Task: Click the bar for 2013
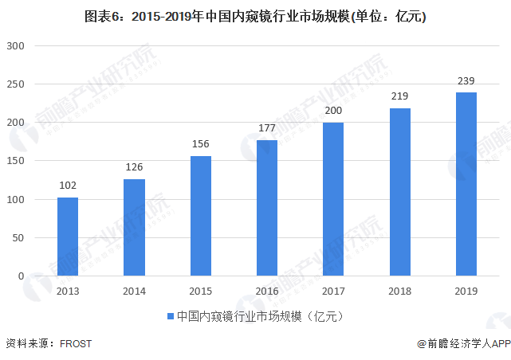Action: [x=68, y=237]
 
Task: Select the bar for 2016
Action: [x=267, y=208]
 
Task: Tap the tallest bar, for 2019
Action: [x=466, y=184]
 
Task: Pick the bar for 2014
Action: [x=134, y=228]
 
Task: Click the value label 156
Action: [x=201, y=144]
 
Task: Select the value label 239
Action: [x=466, y=80]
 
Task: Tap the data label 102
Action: [x=68, y=186]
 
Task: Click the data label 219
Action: [x=399, y=96]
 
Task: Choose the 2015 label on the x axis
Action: [x=201, y=292]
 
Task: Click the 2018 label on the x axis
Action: [x=399, y=292]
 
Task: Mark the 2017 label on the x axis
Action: [x=333, y=292]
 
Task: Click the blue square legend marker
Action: [x=170, y=317]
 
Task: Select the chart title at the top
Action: [x=254, y=15]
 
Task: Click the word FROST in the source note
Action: [x=76, y=344]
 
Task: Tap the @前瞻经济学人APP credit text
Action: [x=462, y=344]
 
